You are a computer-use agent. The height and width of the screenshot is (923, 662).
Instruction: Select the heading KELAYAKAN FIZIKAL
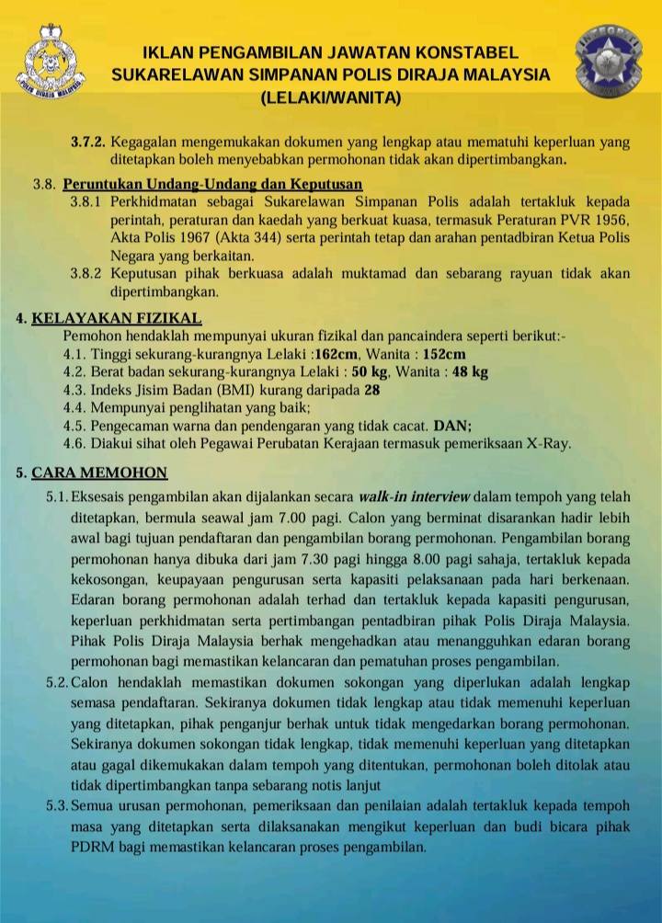(x=117, y=319)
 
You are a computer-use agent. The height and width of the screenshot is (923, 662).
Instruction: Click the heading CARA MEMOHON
(x=99, y=473)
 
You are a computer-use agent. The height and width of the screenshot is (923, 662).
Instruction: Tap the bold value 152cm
(x=445, y=355)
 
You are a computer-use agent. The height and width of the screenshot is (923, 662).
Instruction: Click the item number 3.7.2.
(x=89, y=142)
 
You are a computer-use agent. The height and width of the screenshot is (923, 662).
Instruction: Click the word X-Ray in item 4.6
(x=548, y=443)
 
